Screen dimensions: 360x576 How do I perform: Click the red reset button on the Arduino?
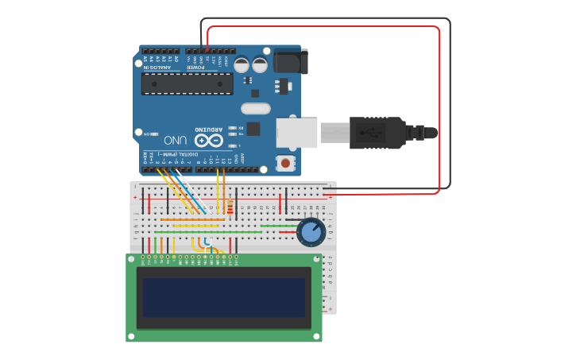coord(285,163)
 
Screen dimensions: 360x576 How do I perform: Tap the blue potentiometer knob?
coord(311,232)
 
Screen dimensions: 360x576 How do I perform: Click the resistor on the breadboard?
coord(230,208)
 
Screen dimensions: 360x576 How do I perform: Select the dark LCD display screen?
coord(224,297)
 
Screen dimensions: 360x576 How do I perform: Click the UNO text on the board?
coord(180,141)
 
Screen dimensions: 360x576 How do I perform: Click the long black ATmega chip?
coord(187,83)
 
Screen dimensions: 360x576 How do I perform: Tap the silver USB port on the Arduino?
coord(296,133)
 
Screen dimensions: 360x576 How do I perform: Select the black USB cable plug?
coord(378,133)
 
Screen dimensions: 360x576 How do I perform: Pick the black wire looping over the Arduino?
coord(450,103)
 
